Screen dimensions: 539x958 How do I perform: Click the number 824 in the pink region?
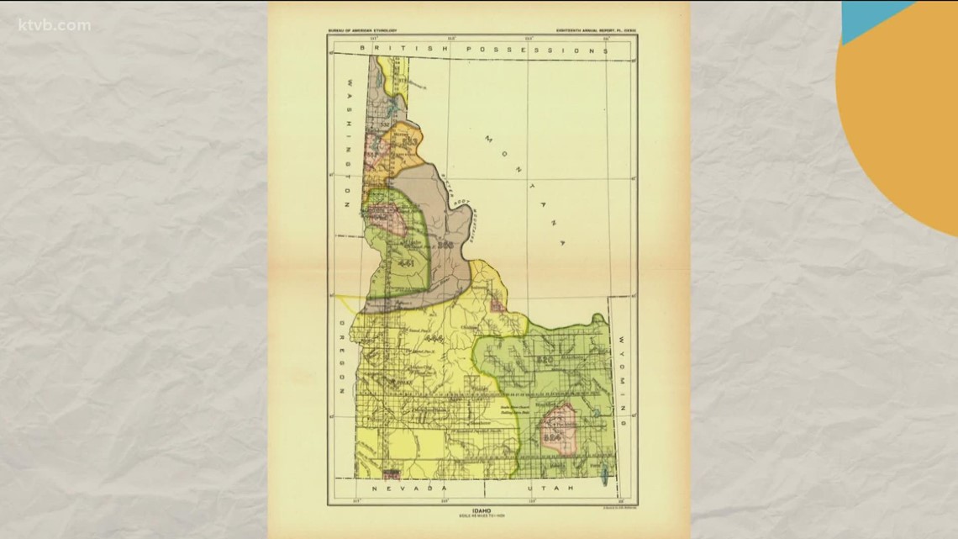click(x=552, y=437)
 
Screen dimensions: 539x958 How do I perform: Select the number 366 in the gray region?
click(x=445, y=245)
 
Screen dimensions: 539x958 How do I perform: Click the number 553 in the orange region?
click(x=410, y=145)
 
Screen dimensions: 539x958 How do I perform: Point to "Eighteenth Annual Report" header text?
click(x=595, y=31)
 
